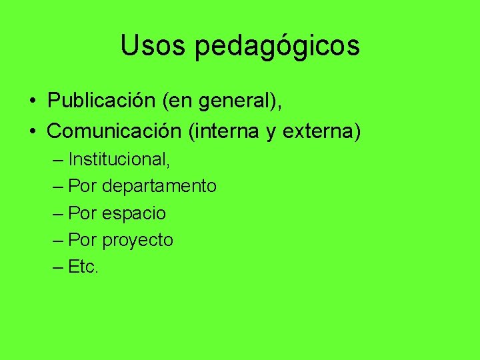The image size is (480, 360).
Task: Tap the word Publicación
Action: coord(102,102)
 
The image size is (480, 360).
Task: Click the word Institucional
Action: coord(119,159)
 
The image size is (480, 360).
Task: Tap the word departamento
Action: coord(159,186)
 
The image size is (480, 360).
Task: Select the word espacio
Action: coord(134,213)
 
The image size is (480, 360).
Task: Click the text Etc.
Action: coord(83,267)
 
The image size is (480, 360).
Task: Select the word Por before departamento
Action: coord(83,186)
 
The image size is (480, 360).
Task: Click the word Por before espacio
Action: coord(83,213)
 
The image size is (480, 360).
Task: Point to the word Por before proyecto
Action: coord(83,240)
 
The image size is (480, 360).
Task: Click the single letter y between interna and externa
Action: coord(271,133)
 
